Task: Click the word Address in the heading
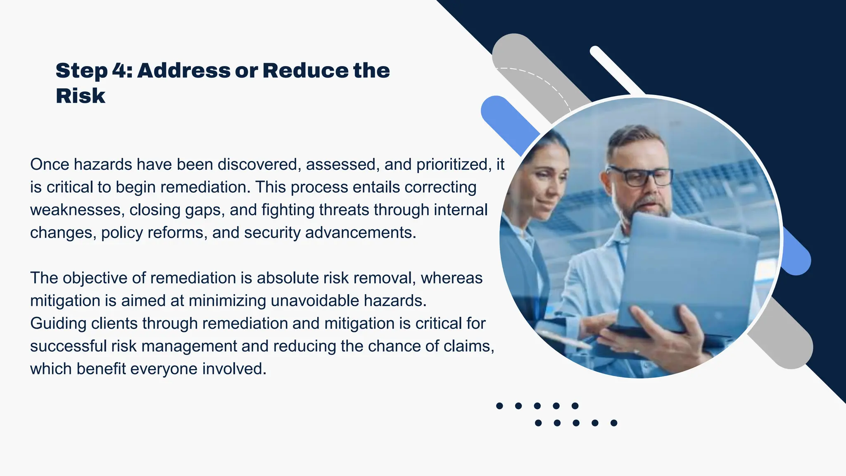[184, 71]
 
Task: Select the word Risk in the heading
[81, 96]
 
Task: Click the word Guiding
[58, 324]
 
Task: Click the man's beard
[649, 207]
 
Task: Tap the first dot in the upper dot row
[499, 406]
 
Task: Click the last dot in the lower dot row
[614, 423]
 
